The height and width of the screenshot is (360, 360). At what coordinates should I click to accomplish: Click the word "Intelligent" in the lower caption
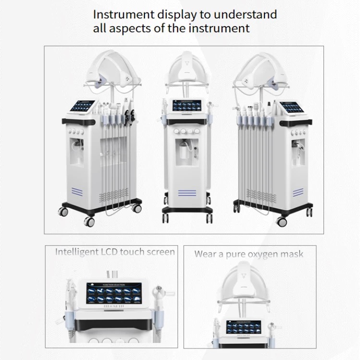pos(78,252)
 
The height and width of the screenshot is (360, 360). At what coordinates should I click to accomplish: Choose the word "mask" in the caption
pos(292,254)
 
